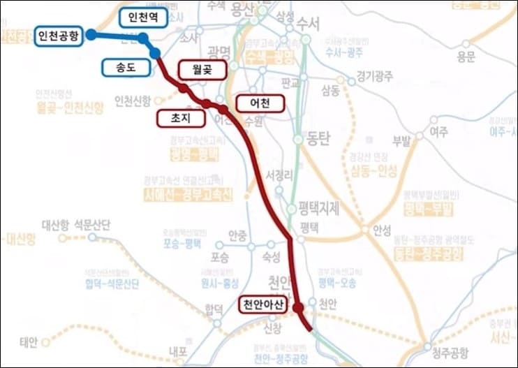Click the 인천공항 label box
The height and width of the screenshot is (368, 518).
tap(59, 35)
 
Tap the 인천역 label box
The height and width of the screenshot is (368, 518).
tap(143, 17)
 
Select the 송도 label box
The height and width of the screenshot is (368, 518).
tap(126, 67)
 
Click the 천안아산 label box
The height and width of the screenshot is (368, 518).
tap(262, 304)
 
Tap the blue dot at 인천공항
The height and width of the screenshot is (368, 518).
tap(91, 34)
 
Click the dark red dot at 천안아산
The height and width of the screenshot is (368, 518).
tap(298, 307)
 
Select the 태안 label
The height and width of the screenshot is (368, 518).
tap(28, 342)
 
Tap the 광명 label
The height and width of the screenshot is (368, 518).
tap(219, 52)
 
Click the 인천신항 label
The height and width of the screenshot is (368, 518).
tap(132, 101)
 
